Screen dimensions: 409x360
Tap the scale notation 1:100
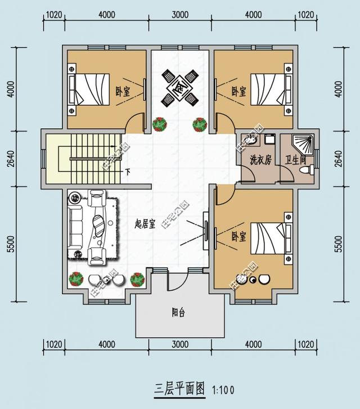(x=223, y=389)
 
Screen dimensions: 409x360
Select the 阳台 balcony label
(x=179, y=313)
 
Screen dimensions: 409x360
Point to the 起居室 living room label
(x=145, y=223)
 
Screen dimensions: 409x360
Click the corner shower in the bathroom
(x=304, y=142)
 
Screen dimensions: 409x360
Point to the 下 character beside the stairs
(x=128, y=172)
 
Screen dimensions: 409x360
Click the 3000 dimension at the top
(x=180, y=15)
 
